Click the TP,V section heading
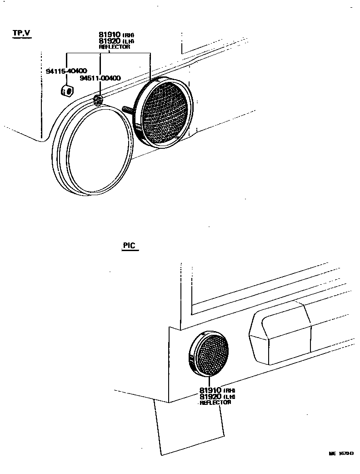(22, 33)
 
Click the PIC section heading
(129, 246)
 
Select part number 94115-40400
(66, 71)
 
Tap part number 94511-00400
(100, 78)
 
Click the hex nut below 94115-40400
(66, 91)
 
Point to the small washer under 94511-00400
(98, 100)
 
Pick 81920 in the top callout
(110, 41)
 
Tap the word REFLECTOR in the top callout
(114, 46)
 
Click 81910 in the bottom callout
(210, 390)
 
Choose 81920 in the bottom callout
(210, 396)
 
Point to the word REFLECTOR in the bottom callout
(215, 402)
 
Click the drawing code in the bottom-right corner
(341, 454)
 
